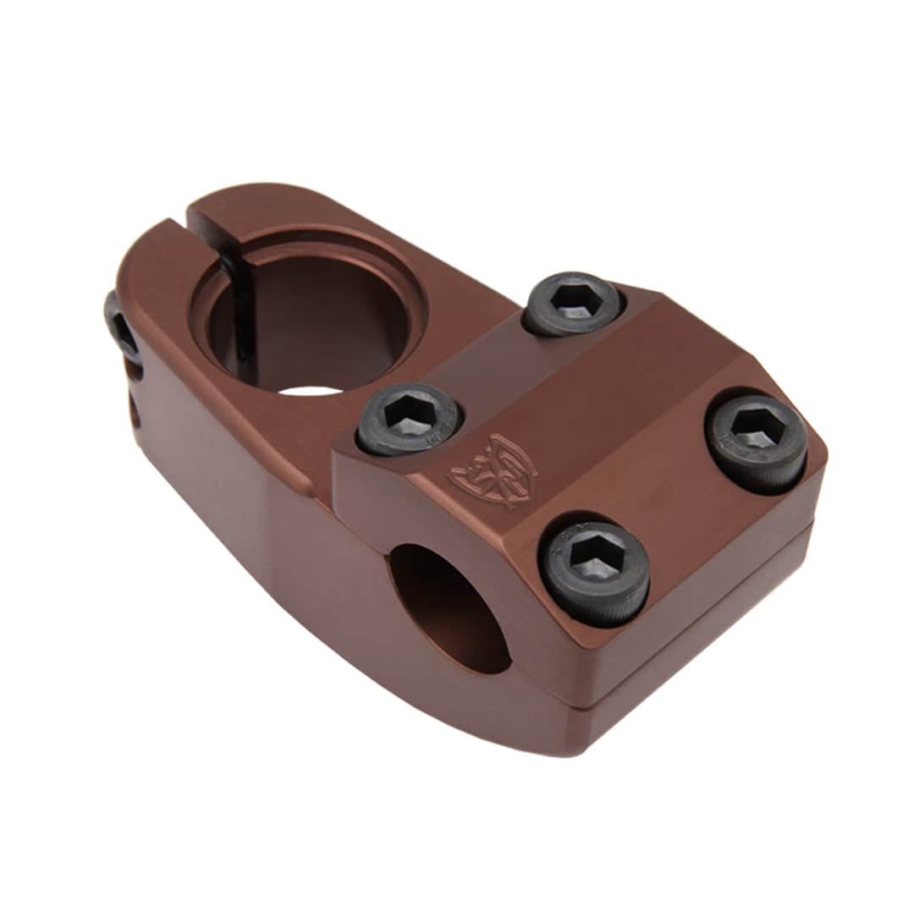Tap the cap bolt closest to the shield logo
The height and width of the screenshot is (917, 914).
pos(410,419)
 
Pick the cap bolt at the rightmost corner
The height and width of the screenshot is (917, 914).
pos(757,442)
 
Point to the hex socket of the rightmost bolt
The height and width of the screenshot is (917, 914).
pos(757,437)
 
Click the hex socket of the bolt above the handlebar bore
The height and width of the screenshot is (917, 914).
pos(597,559)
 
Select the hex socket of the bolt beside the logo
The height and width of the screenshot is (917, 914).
pos(410,415)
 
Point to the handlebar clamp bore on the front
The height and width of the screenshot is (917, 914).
pos(449,605)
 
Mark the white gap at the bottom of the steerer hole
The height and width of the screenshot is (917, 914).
pos(310,390)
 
